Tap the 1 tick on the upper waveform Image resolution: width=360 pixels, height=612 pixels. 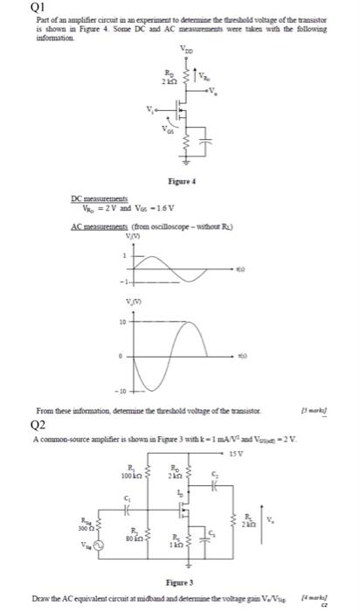(125, 254)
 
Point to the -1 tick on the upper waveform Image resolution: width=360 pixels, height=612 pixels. (123, 281)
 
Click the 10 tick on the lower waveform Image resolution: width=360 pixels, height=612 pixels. (124, 321)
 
